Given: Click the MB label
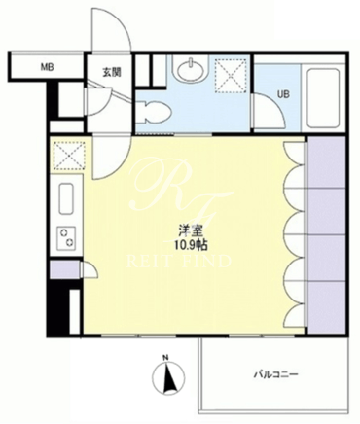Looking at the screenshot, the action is click(x=47, y=68).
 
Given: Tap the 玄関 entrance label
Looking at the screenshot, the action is click(x=112, y=72).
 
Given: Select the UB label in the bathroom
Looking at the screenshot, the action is click(x=283, y=94).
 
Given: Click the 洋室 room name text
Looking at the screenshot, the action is click(x=191, y=231).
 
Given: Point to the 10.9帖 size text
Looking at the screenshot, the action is click(x=191, y=245).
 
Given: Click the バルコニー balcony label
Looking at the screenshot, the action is click(x=275, y=375).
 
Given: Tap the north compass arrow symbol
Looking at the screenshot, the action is click(x=169, y=378).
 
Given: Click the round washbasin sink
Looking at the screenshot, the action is click(x=191, y=68).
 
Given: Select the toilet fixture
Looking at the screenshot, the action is click(x=153, y=112).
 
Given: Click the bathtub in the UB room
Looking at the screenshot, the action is click(x=323, y=98).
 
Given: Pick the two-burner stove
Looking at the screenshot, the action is click(x=66, y=237).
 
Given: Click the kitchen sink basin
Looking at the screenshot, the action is click(x=66, y=198).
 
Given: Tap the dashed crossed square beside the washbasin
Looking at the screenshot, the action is click(x=232, y=76).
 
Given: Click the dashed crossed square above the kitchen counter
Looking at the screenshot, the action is click(x=68, y=157).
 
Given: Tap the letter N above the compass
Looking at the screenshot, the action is click(x=165, y=358).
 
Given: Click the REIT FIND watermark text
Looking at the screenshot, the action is click(x=179, y=262).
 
